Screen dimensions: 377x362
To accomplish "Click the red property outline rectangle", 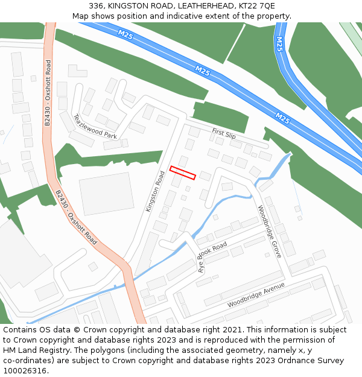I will point(183,173).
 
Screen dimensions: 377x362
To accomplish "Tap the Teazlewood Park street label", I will point(95,127).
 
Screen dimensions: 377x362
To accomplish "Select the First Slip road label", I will point(224,133).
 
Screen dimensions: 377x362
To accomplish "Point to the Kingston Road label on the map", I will point(155,191).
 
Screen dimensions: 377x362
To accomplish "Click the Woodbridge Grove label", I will point(270,232).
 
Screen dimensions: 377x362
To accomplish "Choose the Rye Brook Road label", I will point(212,258).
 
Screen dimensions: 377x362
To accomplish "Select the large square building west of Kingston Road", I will point(106,194).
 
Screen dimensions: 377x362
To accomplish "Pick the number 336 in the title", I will point(97,5).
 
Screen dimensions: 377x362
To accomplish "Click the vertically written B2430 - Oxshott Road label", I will point(48,92).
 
